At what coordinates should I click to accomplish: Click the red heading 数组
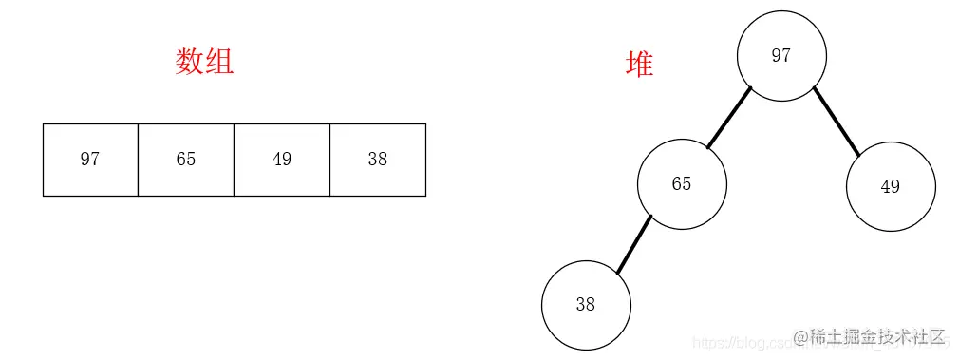pyautogui.click(x=204, y=62)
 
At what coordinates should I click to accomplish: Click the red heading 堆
pyautogui.click(x=639, y=64)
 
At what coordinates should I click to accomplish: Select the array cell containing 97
pyautogui.click(x=90, y=160)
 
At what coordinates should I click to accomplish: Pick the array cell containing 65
pyautogui.click(x=186, y=160)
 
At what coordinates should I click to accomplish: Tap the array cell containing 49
pyautogui.click(x=282, y=160)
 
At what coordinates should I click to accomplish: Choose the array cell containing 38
pyautogui.click(x=378, y=160)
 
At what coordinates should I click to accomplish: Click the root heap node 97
pyautogui.click(x=781, y=55)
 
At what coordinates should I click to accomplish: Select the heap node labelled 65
pyautogui.click(x=682, y=184)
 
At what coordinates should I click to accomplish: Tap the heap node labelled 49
pyautogui.click(x=891, y=186)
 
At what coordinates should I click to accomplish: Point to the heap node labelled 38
pyautogui.click(x=586, y=305)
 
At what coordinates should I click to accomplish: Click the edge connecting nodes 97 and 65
pyautogui.click(x=729, y=119)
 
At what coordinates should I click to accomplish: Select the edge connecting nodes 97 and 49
pyautogui.click(x=837, y=122)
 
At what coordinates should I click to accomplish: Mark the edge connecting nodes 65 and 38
pyautogui.click(x=634, y=244)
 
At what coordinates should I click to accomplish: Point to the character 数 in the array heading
pyautogui.click(x=190, y=62)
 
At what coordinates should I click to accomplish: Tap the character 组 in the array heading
pyautogui.click(x=219, y=62)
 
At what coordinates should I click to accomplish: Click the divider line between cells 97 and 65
pyautogui.click(x=139, y=160)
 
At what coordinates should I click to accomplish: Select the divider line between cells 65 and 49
pyautogui.click(x=235, y=160)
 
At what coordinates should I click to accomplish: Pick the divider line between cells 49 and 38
pyautogui.click(x=330, y=160)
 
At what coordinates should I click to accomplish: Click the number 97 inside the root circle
pyautogui.click(x=780, y=55)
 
